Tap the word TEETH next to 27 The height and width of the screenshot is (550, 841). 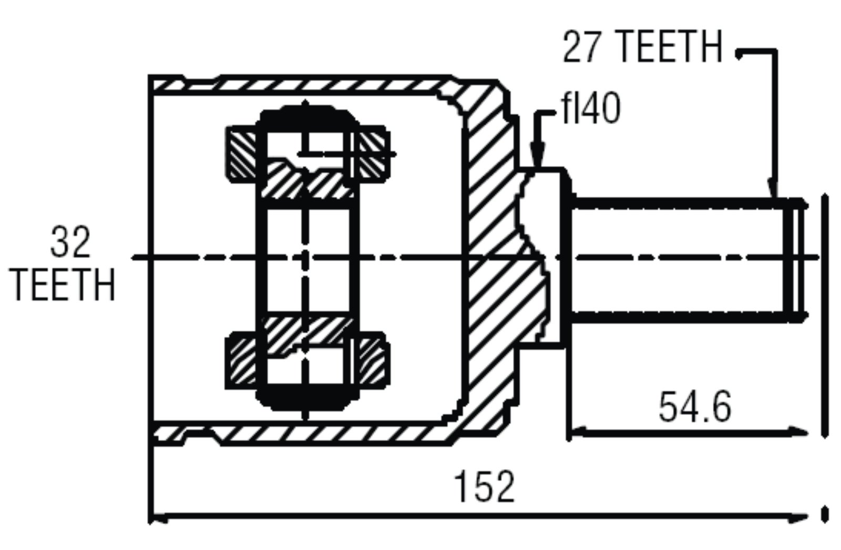coord(664,47)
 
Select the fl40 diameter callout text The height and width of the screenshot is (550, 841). coord(591,108)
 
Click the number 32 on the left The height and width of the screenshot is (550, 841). coord(70,242)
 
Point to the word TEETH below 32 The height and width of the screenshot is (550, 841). coord(64,285)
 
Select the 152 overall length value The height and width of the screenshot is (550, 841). coord(484,487)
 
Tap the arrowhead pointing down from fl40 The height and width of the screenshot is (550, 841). coord(537,157)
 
